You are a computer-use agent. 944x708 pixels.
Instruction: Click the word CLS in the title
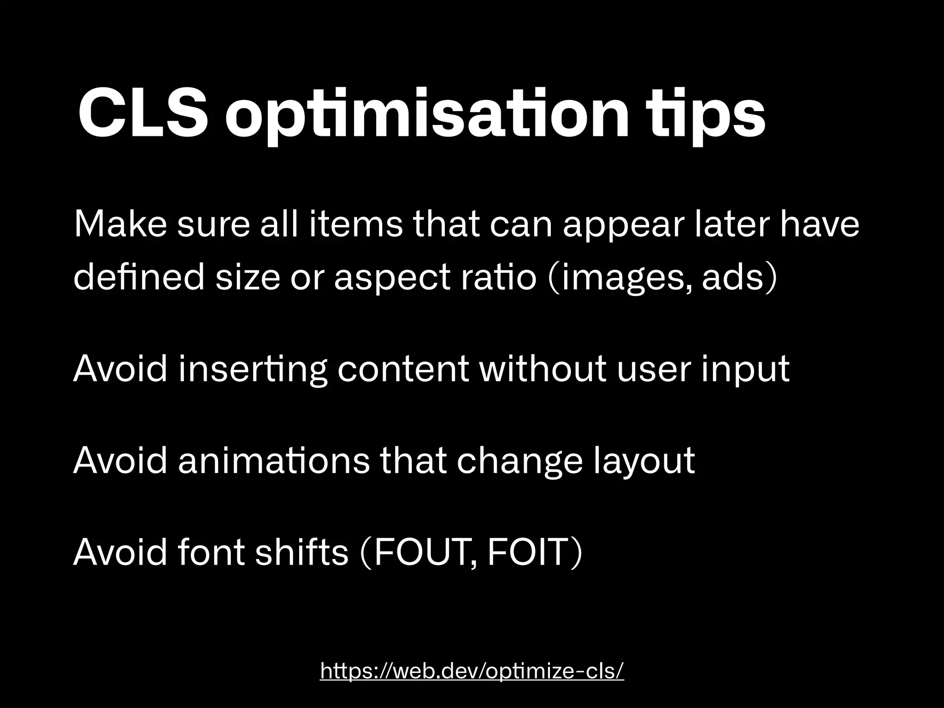(x=143, y=115)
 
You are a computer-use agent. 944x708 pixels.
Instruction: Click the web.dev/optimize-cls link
(x=472, y=671)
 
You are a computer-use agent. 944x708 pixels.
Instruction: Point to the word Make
(x=120, y=224)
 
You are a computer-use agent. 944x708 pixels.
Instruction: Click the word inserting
(x=253, y=370)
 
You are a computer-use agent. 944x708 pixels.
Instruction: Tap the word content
(x=403, y=370)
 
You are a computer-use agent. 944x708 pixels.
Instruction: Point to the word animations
(x=274, y=461)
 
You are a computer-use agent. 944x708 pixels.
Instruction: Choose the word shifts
(x=301, y=552)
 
